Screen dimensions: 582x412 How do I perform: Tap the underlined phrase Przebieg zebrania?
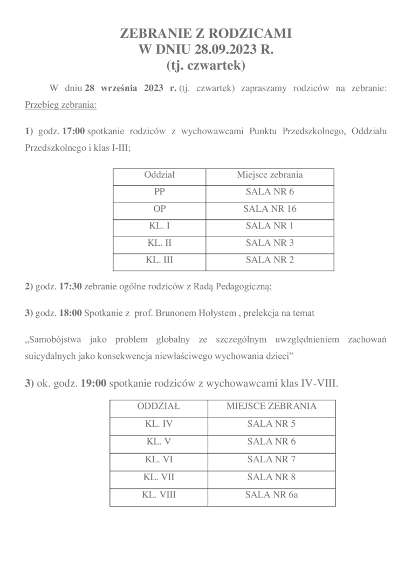tap(60, 104)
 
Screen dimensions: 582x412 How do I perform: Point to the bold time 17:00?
tap(74, 131)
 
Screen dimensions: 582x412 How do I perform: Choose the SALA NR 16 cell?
tap(270, 209)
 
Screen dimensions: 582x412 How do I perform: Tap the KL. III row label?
tap(160, 260)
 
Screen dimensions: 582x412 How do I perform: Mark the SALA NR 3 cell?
tap(270, 243)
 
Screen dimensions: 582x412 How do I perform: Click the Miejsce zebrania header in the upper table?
tap(270, 175)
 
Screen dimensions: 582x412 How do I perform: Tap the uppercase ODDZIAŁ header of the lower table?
tap(159, 406)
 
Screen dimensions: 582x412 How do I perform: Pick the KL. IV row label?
tap(159, 424)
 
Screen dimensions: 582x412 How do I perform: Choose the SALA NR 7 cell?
tap(271, 459)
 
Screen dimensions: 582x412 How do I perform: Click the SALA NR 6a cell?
tap(271, 494)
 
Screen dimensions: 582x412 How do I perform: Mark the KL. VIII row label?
tap(159, 494)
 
